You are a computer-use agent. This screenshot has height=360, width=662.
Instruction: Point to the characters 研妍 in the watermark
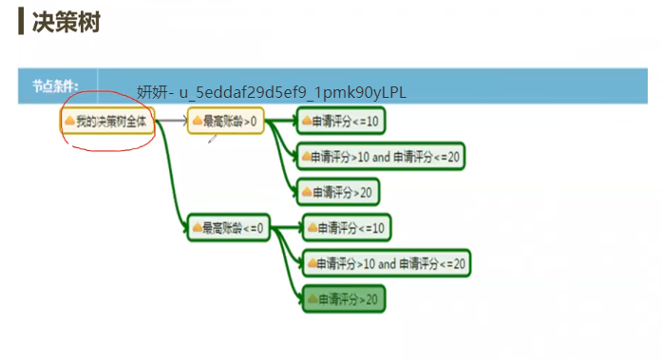point(150,91)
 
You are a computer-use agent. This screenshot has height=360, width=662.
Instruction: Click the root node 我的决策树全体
point(107,121)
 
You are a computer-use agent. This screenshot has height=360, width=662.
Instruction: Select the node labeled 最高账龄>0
point(225,121)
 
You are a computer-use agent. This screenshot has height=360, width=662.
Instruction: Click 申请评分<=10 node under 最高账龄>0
point(341,121)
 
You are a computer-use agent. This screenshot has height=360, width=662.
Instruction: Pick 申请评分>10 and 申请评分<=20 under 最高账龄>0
point(382,156)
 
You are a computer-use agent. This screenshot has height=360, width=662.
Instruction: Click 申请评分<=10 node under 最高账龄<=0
point(346,227)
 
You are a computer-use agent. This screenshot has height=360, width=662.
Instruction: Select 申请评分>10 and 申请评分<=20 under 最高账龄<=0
point(387,262)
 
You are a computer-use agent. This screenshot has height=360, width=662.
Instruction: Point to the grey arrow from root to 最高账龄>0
point(171,121)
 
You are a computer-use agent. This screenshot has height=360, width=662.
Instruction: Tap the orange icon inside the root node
point(68,121)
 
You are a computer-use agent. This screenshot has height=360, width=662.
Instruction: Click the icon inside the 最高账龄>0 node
point(197,121)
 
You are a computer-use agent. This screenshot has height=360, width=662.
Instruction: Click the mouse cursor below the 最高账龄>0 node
point(212,139)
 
